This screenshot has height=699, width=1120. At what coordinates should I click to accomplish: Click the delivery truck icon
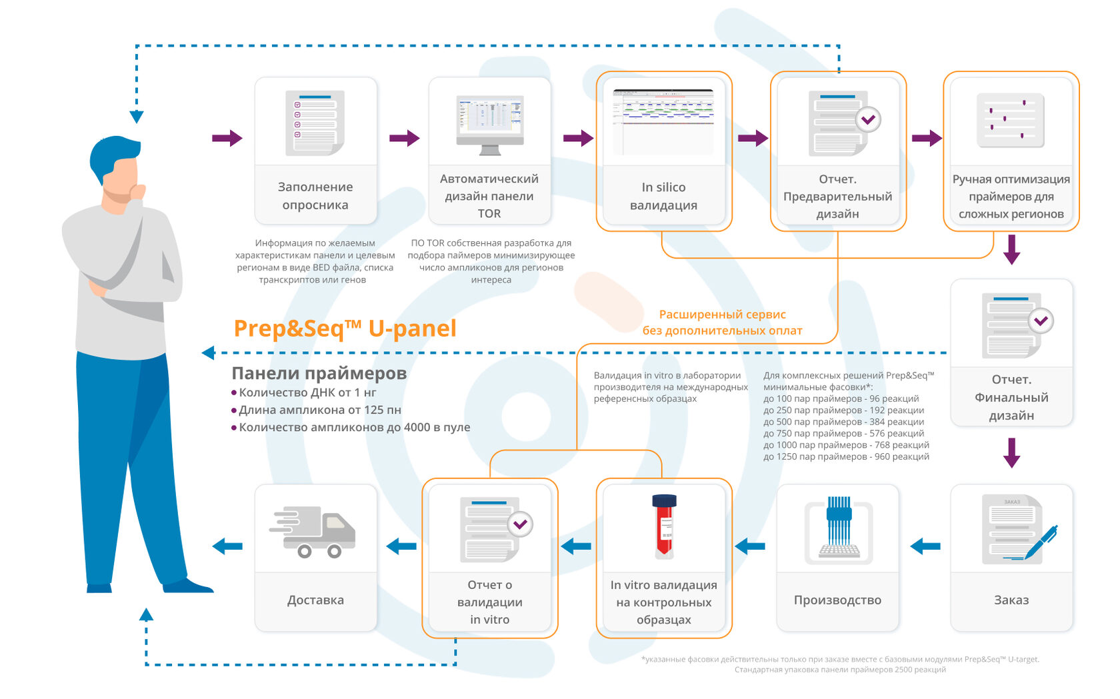coord(313,531)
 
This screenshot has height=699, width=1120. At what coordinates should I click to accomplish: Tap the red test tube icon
coord(664,526)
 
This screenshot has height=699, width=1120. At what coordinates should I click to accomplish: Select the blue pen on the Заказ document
coord(1041,541)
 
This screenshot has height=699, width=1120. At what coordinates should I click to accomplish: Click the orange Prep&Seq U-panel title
coord(345,329)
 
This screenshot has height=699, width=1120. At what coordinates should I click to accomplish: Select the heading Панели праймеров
coord(319,373)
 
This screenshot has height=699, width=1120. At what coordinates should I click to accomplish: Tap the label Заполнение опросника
coord(315,196)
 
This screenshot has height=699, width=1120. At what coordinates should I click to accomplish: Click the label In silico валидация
coord(663,196)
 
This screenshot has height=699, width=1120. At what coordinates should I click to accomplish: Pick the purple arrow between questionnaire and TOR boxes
coord(404,139)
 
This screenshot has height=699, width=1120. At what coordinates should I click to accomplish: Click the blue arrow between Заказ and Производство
coord(925,546)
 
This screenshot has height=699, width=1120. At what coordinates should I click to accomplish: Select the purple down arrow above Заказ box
coord(1011,452)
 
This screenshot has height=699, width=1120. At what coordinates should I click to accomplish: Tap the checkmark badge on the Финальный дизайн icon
coord(1041,321)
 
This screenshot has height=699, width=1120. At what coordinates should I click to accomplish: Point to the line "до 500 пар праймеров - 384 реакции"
coord(843,422)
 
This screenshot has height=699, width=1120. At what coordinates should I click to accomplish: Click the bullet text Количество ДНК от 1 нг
coord(307,392)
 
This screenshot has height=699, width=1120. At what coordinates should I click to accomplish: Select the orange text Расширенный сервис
coord(722,315)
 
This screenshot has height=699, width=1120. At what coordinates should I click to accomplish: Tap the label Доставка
coord(315,600)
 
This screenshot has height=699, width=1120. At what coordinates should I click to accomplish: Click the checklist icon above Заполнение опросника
coord(315,123)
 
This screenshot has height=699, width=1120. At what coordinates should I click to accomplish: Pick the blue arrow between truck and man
coord(227,546)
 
